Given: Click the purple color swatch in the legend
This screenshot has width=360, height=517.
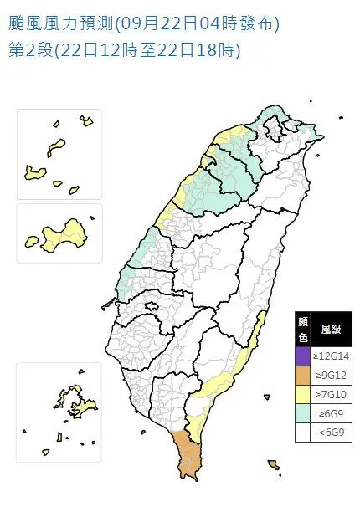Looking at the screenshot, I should pyautogui.click(x=302, y=356).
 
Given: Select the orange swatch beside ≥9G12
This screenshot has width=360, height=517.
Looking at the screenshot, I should pyautogui.click(x=302, y=376).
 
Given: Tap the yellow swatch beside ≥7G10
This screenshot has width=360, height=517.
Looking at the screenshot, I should pyautogui.click(x=302, y=395).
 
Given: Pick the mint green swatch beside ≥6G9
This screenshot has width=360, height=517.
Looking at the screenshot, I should pyautogui.click(x=302, y=414).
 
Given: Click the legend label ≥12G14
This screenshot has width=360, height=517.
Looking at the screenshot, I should pyautogui.click(x=332, y=356).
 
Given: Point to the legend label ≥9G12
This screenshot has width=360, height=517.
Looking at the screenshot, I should pyautogui.click(x=332, y=376).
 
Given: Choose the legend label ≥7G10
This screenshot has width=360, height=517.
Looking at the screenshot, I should pyautogui.click(x=332, y=395).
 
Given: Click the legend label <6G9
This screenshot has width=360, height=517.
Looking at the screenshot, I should pyautogui.click(x=332, y=433).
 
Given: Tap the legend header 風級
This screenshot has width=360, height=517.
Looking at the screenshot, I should pyautogui.click(x=332, y=330).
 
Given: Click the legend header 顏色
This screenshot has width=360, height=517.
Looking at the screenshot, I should pyautogui.click(x=302, y=330).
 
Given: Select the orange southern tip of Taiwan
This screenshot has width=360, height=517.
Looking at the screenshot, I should pyautogui.click(x=188, y=456).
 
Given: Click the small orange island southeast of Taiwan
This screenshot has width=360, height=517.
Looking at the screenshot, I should pyautogui.click(x=273, y=464).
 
